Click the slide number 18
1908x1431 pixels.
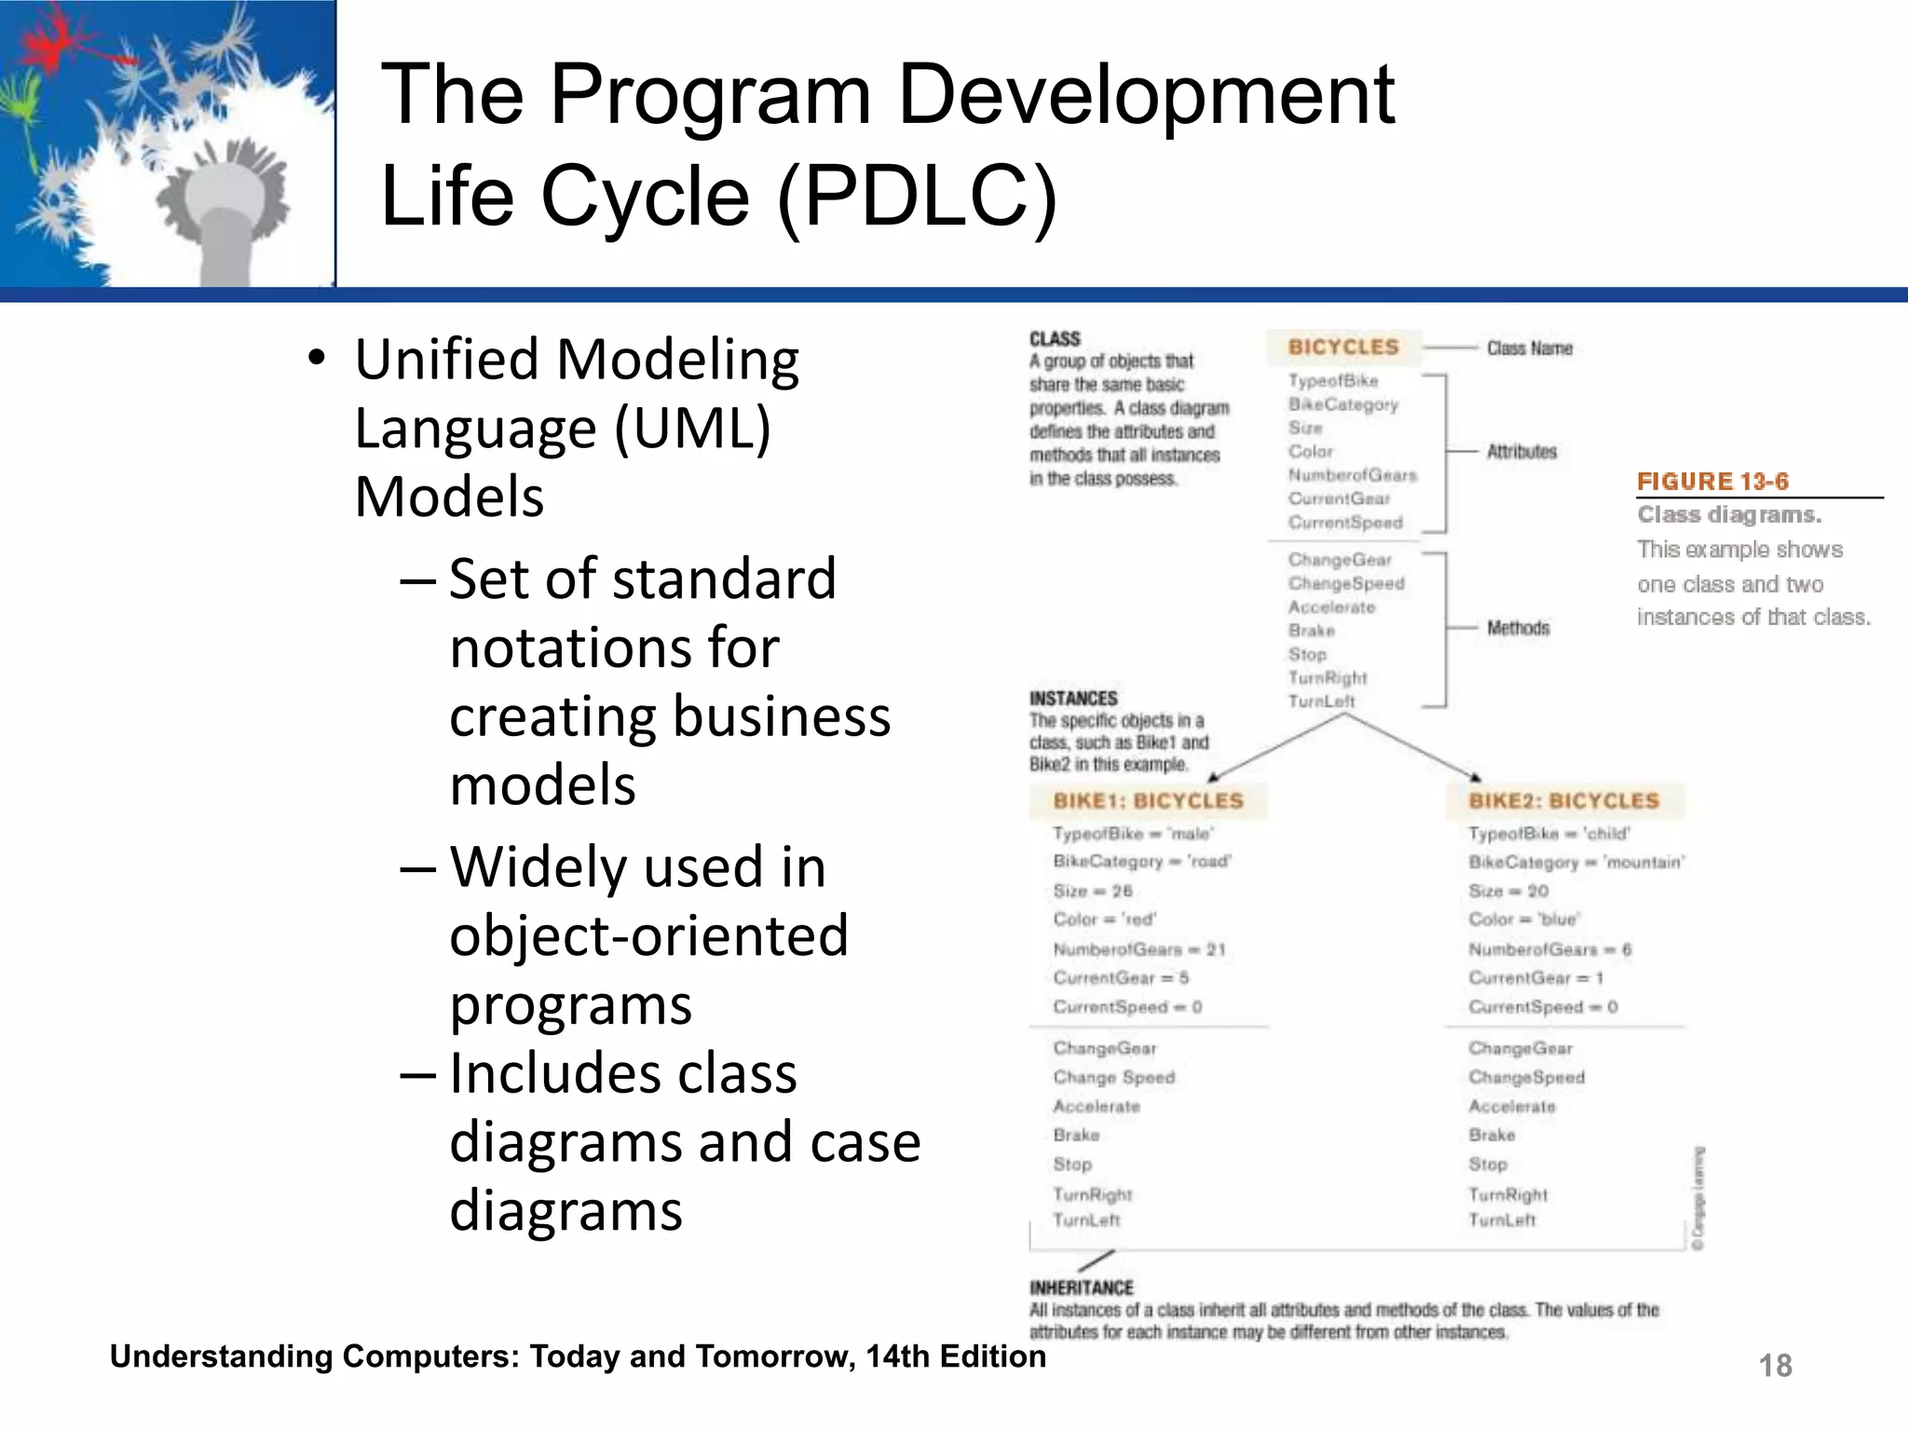click(x=1775, y=1366)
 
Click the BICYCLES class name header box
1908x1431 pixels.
click(x=1343, y=348)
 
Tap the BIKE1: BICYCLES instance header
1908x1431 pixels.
click(x=1148, y=801)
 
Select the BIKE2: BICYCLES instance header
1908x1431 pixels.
click(x=1564, y=801)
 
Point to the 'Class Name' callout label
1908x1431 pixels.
click(x=1529, y=348)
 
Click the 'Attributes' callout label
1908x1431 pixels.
click(x=1521, y=452)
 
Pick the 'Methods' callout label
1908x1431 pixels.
click(x=1518, y=628)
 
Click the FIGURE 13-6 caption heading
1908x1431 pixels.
click(x=1712, y=482)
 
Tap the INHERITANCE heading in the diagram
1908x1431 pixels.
click(x=1081, y=1288)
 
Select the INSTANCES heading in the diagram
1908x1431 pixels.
click(x=1073, y=698)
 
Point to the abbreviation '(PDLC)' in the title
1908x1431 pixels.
click(x=917, y=197)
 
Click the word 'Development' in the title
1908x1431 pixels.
click(x=1146, y=94)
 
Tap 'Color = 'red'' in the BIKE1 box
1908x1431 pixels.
click(x=1104, y=920)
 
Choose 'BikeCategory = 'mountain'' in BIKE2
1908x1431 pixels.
click(x=1576, y=863)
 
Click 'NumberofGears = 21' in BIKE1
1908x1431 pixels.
click(x=1138, y=949)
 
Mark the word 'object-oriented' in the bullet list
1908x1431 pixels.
click(x=648, y=936)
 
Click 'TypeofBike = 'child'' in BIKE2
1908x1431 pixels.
click(x=1548, y=834)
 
